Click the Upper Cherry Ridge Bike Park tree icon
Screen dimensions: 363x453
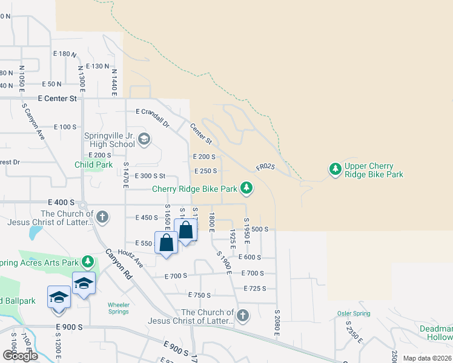pyautogui.click(x=336, y=170)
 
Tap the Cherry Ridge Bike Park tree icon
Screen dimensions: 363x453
pyautogui.click(x=246, y=189)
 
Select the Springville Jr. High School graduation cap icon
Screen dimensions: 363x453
pyautogui.click(x=144, y=140)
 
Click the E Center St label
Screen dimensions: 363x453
pyautogui.click(x=58, y=97)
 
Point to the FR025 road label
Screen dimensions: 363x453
pyautogui.click(x=265, y=166)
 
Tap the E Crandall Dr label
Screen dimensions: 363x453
pyautogui.click(x=153, y=116)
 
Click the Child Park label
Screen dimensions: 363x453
pyautogui.click(x=94, y=165)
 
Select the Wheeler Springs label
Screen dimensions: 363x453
pyautogui.click(x=119, y=308)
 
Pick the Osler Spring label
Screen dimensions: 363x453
pyautogui.click(x=353, y=313)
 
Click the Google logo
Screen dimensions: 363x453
pyautogui.click(x=19, y=355)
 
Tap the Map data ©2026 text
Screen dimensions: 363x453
pyautogui.click(x=427, y=358)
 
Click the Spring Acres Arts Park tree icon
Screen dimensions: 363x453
pyautogui.click(x=88, y=262)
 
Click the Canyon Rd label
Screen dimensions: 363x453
pyautogui.click(x=119, y=264)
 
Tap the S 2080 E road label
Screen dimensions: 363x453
pyautogui.click(x=276, y=321)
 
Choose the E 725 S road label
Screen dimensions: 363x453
pyautogui.click(x=255, y=289)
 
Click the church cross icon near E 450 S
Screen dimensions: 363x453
pyautogui.click(x=103, y=217)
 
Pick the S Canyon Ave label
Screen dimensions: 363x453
pyautogui.click(x=34, y=123)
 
